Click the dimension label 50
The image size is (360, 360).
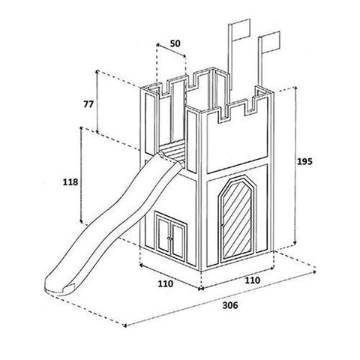[x=175, y=43]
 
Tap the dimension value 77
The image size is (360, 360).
[x=88, y=104]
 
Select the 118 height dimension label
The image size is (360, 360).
[x=70, y=182]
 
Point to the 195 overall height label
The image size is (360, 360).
[x=304, y=161]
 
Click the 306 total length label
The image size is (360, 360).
[x=230, y=305]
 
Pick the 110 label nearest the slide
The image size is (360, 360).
[x=165, y=283]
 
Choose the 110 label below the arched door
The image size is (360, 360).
[x=252, y=280]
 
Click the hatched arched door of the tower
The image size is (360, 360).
[x=237, y=219]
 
